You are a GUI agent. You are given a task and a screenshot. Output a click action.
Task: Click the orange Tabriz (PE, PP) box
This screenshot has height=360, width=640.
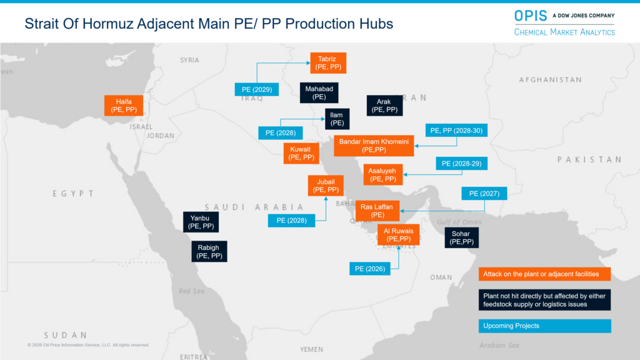pyautogui.click(x=328, y=63)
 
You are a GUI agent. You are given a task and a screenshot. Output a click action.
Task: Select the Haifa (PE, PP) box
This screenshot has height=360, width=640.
pyautogui.click(x=124, y=106)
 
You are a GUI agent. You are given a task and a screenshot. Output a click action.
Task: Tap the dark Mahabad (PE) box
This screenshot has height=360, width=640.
pyautogui.click(x=319, y=93)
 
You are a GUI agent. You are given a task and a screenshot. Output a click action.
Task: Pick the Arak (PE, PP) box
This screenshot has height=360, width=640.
pyautogui.click(x=384, y=106)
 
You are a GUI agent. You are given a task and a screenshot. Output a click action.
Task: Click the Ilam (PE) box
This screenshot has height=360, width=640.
pyautogui.click(x=337, y=119)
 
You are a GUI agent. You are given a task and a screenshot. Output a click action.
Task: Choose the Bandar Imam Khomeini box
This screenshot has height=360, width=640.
pyautogui.click(x=374, y=146)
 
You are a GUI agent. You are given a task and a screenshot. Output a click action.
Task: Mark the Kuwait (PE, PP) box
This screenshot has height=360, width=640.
pyautogui.click(x=301, y=153)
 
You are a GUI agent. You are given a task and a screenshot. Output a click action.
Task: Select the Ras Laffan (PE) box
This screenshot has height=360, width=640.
pyautogui.click(x=377, y=211)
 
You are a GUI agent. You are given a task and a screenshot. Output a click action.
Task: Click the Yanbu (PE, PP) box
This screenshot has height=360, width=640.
pyautogui.click(x=201, y=222)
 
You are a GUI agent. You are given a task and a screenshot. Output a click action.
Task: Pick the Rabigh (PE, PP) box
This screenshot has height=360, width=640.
pyautogui.click(x=209, y=251)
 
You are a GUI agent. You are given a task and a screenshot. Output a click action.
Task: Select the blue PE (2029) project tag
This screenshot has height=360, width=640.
pyautogui.click(x=256, y=89)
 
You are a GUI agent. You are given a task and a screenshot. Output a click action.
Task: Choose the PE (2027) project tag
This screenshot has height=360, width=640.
pyautogui.click(x=484, y=194)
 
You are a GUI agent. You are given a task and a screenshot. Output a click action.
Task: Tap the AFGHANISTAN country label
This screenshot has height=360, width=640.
pyautogui.click(x=550, y=80)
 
